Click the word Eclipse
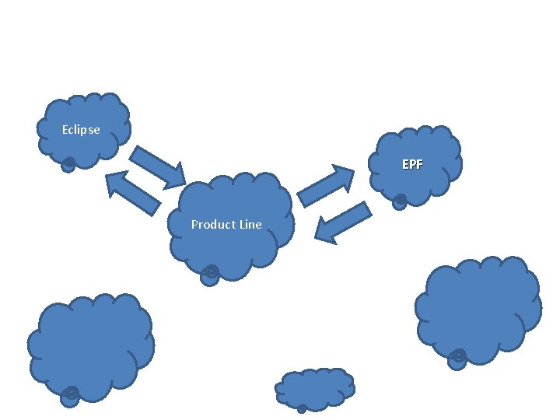(81, 130)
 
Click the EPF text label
(412, 165)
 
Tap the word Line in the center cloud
(250, 225)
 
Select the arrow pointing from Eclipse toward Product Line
(157, 165)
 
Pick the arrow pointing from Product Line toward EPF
(326, 186)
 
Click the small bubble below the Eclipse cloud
(68, 164)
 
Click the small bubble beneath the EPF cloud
(400, 200)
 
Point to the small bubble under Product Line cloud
(209, 275)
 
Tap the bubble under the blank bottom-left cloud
(70, 396)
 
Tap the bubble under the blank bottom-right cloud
(457, 359)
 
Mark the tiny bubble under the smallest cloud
(302, 408)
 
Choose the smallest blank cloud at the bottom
(316, 387)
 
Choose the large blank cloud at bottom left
(90, 342)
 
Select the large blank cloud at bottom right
(477, 306)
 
